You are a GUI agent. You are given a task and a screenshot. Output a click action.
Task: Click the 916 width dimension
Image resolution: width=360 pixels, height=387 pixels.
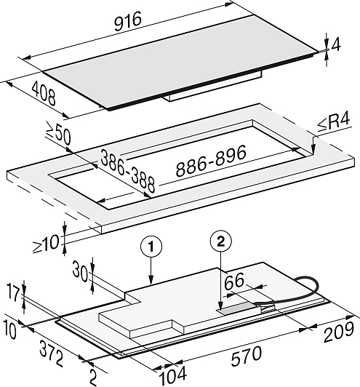tap(128, 21)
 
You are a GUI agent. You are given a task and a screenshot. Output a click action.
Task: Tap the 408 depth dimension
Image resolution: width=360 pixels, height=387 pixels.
tap(44, 94)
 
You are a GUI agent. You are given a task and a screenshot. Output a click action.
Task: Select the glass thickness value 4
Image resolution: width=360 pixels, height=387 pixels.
tap(335, 45)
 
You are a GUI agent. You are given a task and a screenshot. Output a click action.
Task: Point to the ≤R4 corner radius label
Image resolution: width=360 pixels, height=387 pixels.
tap(334, 122)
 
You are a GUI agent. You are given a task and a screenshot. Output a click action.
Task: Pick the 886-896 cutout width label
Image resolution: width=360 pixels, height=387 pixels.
tap(211, 161)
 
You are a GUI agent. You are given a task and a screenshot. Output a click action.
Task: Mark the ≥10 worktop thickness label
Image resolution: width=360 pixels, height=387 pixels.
tap(46, 244)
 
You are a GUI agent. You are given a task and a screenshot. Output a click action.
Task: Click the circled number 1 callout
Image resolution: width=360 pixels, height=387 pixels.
tap(151, 247)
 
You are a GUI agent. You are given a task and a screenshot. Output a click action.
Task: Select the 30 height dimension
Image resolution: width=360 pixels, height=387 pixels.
tap(80, 271)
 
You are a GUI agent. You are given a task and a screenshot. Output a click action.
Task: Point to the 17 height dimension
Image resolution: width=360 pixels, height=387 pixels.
tap(13, 293)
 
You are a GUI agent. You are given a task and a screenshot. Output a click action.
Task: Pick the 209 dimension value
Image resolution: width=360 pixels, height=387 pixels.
tap(339, 332)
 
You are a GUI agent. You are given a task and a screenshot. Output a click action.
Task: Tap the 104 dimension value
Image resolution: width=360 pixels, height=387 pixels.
tap(172, 375)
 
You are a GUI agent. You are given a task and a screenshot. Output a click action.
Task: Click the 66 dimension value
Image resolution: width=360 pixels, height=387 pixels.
tap(234, 281)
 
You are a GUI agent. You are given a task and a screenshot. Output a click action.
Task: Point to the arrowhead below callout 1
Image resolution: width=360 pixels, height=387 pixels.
tap(151, 280)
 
